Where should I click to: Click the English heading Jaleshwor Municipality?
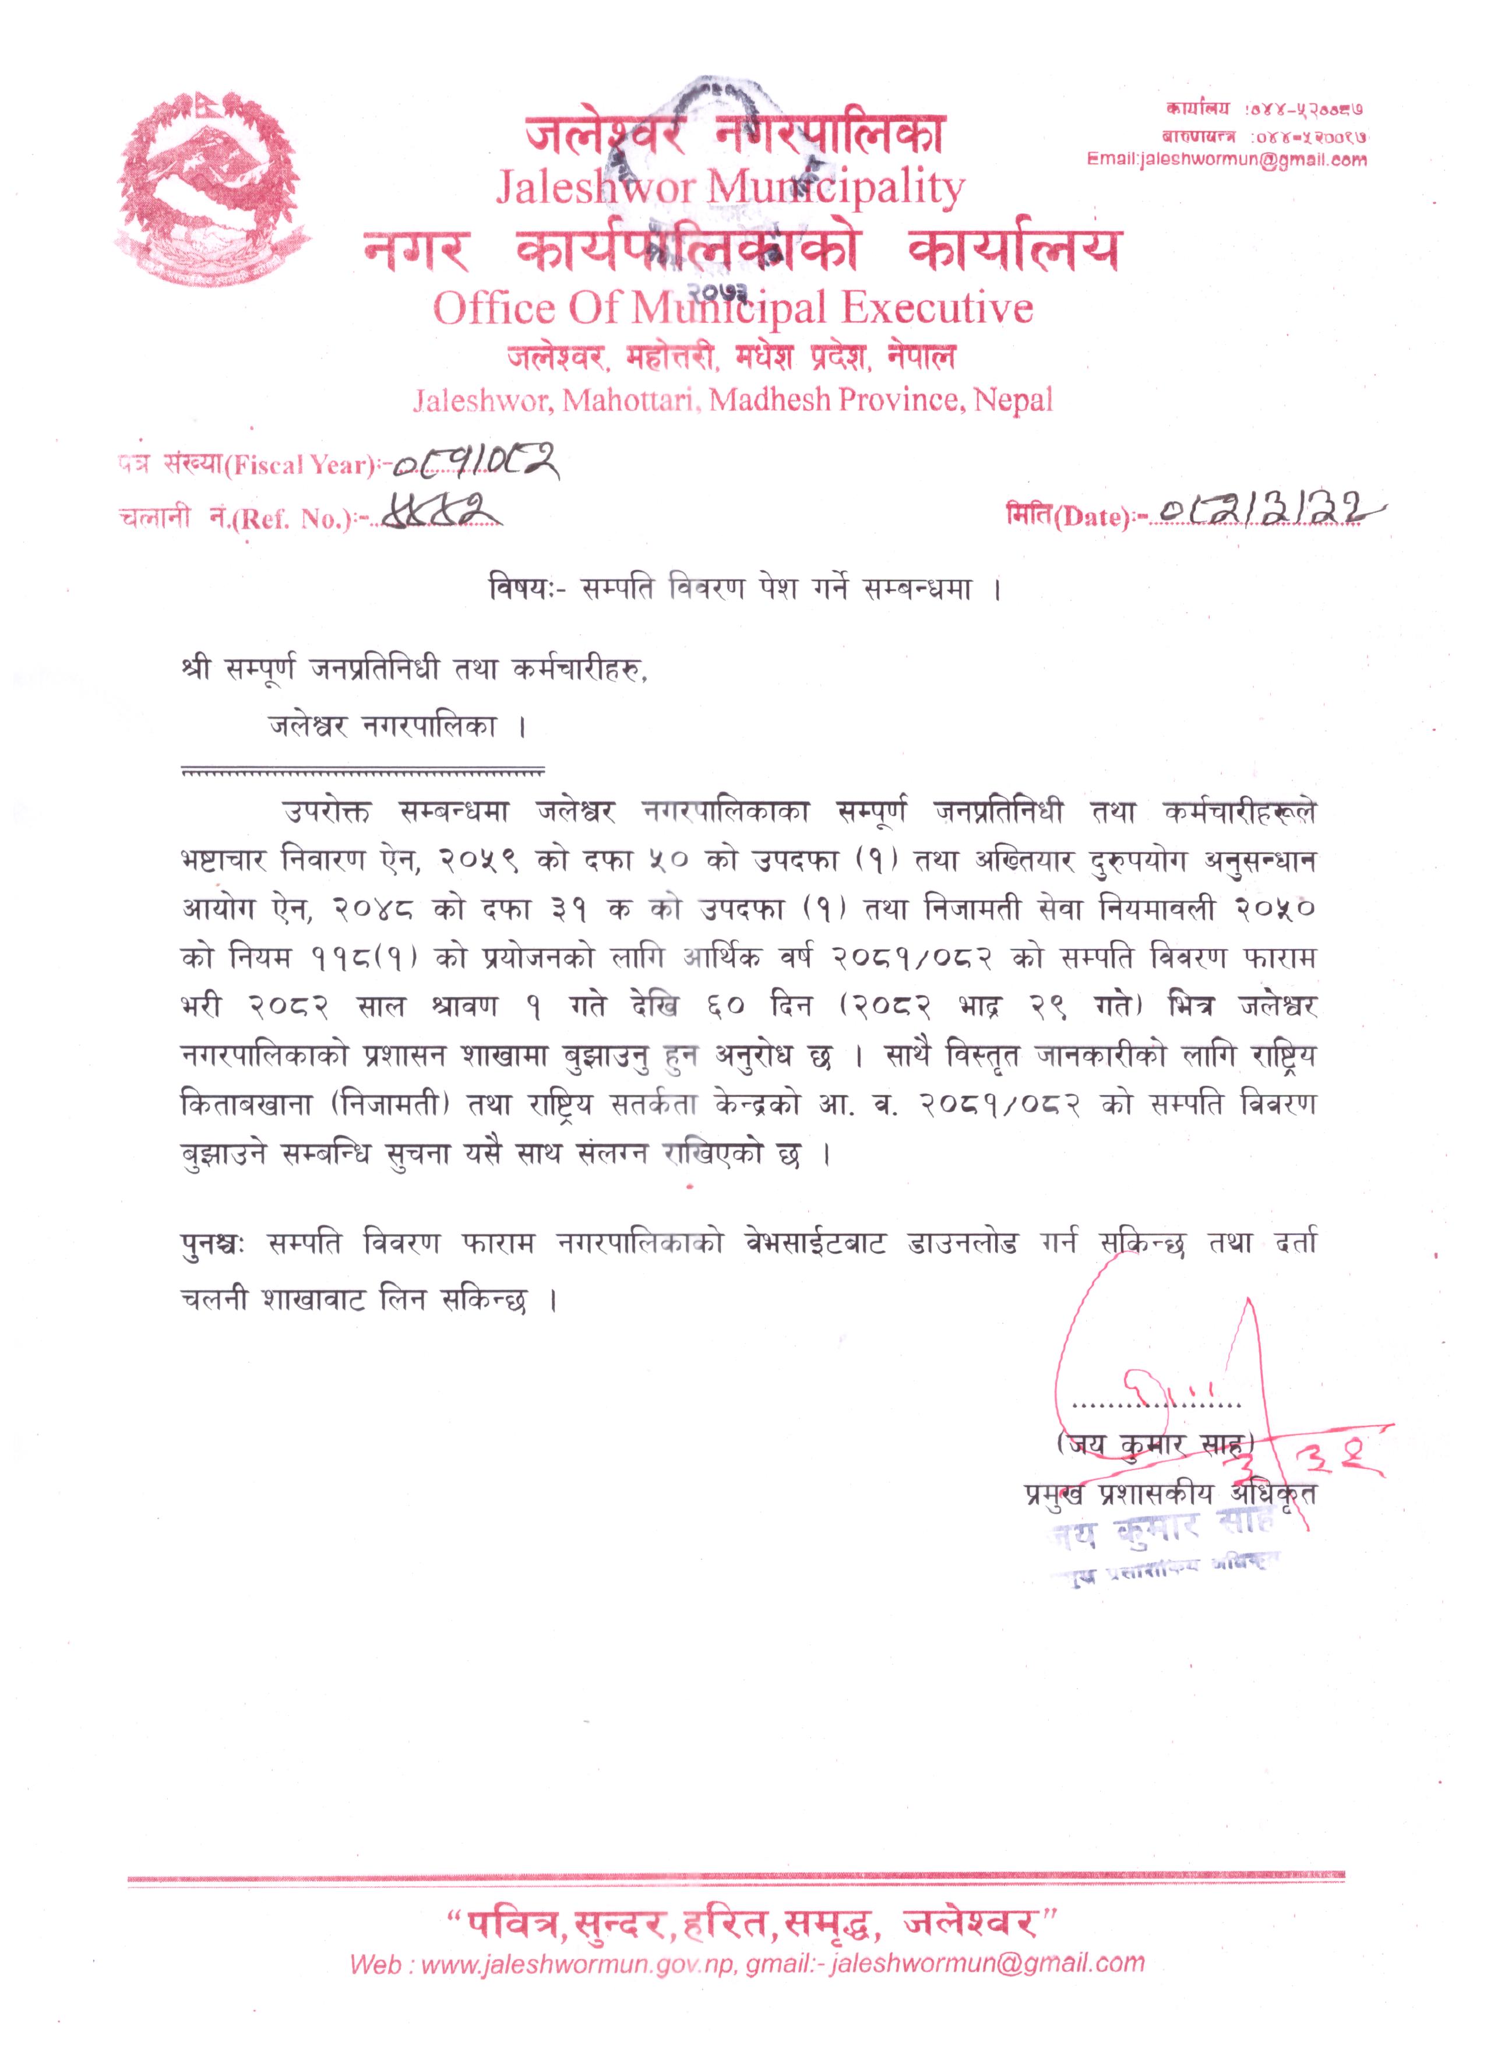pyautogui.click(x=731, y=188)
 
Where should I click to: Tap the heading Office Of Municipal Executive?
pyautogui.click(x=732, y=308)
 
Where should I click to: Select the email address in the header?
pyautogui.click(x=1227, y=160)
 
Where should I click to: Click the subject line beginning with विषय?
pyautogui.click(x=745, y=589)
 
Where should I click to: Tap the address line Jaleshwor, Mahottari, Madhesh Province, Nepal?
pyautogui.click(x=732, y=400)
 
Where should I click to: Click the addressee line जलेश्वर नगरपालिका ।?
pyautogui.click(x=397, y=727)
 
